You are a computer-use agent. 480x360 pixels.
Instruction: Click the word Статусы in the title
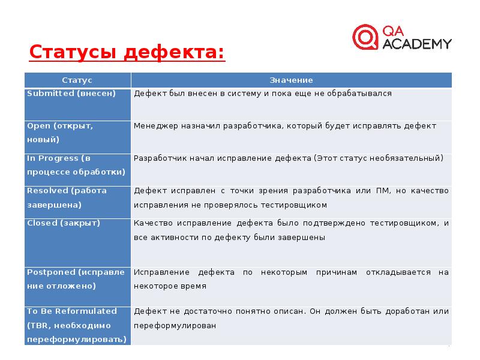73,52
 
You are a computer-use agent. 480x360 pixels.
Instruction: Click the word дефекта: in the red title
174,52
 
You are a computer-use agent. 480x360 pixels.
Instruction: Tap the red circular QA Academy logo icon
365,37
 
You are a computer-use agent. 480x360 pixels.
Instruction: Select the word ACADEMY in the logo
417,44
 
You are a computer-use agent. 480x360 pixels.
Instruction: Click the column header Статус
77,80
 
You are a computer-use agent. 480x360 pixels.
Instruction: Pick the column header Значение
291,80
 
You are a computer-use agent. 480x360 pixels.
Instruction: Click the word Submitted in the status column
50,94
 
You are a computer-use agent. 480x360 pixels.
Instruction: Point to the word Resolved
47,191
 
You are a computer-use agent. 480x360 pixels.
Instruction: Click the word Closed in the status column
42,223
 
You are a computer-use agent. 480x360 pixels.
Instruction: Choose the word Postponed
51,272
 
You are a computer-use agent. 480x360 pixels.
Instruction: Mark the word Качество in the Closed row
153,223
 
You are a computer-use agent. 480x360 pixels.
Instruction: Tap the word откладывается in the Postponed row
398,272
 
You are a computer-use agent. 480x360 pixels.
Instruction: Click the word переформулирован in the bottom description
175,326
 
